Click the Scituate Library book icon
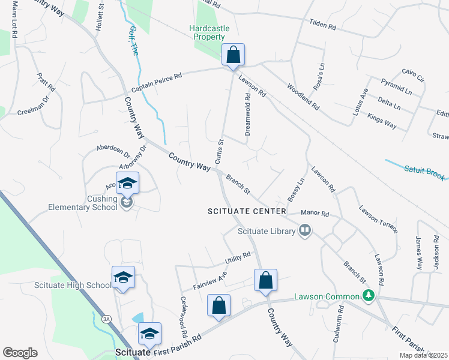306,230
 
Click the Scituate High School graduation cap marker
123,278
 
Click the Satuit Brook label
424,172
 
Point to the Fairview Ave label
209,277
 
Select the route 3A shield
107,319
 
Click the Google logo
20,353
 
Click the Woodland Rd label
304,95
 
